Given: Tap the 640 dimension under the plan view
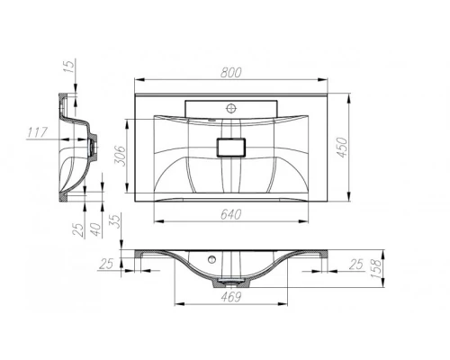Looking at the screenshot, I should coord(231,213).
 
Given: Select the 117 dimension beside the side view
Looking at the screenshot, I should coord(36,133).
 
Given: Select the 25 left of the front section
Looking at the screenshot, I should coord(108,263).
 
